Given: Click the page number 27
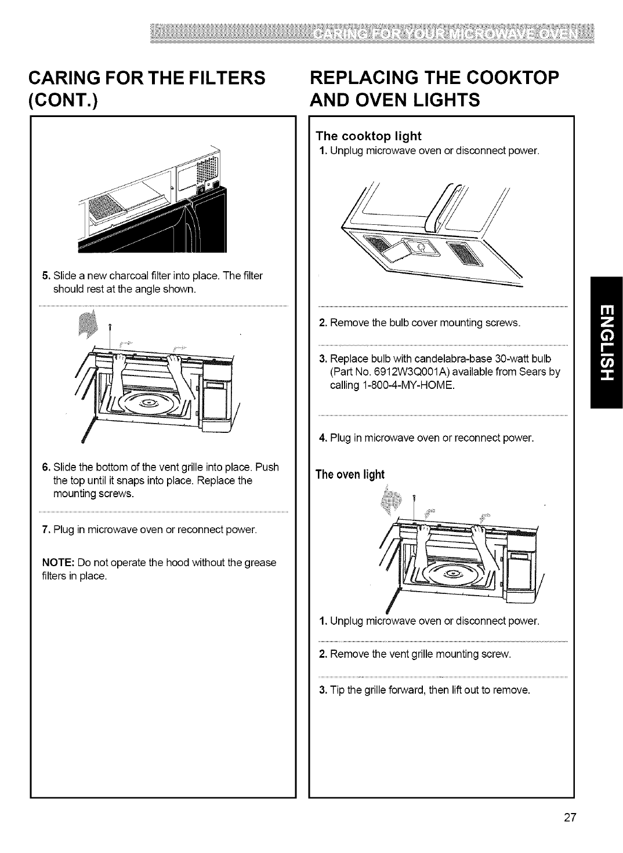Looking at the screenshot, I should pos(568,818).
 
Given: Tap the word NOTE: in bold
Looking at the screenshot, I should pos(58,563).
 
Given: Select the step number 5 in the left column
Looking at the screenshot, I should pos(45,275).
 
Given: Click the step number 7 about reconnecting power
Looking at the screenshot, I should pos(45,530).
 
